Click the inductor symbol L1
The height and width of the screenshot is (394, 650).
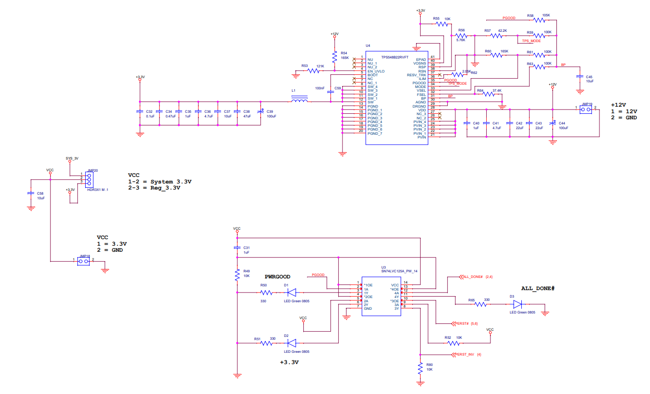pos(299,100)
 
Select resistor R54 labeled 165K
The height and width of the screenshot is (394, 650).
pos(334,57)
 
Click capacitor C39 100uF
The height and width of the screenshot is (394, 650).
pos(261,112)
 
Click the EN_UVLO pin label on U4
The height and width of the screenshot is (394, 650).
pos(376,71)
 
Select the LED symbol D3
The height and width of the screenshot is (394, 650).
pos(518,304)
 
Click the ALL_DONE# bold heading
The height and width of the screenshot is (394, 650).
pos(538,288)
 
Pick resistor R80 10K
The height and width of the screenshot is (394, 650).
pos(421,368)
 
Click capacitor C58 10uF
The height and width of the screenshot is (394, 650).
pos(31,193)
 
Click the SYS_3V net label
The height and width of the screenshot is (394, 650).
pos(72,159)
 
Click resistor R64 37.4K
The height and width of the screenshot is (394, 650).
pos(488,94)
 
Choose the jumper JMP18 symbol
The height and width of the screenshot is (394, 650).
pos(84,260)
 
